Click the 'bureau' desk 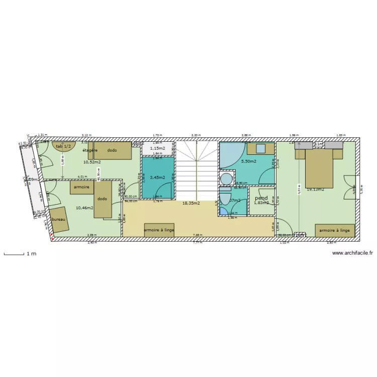coord(59,220)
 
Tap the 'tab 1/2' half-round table coord(63,146)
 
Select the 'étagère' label coord(90,150)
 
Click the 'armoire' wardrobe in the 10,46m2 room coord(81,186)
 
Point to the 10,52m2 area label coord(92,162)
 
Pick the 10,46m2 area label coord(84,207)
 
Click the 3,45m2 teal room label coord(158,177)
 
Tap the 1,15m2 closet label coord(158,149)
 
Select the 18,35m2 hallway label coord(191,204)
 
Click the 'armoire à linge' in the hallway coord(159,230)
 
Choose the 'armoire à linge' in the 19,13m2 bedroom coord(335,230)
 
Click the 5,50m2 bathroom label coord(249,161)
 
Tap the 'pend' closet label coord(261,198)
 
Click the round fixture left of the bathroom coord(227,178)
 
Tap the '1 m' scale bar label coord(31,254)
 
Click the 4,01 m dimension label coord(82,177)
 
